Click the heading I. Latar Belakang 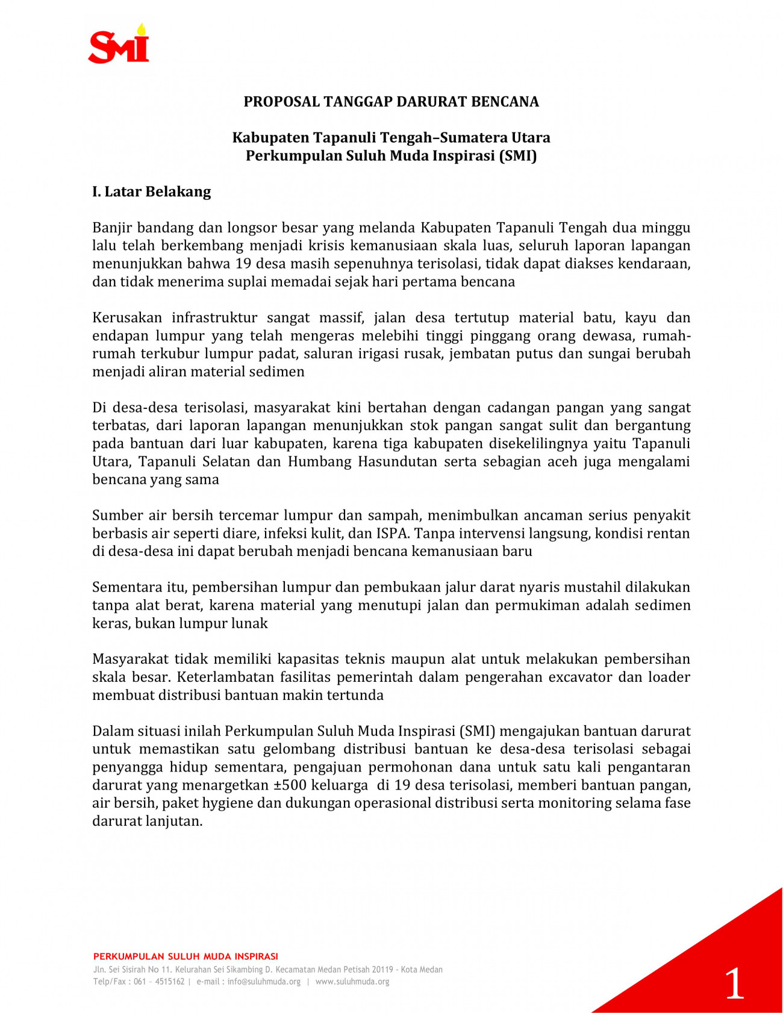coord(152,192)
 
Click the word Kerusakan coord(127,318)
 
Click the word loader coord(669,678)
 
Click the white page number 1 coord(734,983)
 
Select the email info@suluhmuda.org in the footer coord(264,982)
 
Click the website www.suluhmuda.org coord(352,982)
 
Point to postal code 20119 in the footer coord(382,970)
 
